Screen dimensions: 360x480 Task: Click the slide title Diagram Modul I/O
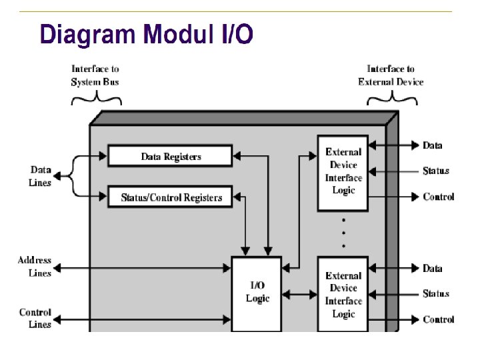146,33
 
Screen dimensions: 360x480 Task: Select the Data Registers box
170,157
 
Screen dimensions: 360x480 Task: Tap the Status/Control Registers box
170,197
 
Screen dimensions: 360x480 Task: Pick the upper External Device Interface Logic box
343,171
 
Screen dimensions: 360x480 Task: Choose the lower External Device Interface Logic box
343,294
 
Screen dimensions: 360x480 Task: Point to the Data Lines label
40,176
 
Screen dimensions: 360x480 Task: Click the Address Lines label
35,267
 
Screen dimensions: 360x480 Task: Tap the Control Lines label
35,318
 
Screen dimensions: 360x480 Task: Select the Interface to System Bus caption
95,75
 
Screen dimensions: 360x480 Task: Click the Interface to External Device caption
391,75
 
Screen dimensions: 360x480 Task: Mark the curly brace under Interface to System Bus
96,99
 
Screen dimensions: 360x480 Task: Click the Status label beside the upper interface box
436,171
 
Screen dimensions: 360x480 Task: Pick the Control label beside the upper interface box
439,197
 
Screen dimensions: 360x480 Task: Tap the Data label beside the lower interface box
433,269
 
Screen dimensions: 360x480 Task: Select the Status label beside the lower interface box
436,293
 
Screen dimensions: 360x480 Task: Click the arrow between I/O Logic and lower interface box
300,293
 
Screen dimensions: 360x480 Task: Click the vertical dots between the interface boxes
343,233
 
